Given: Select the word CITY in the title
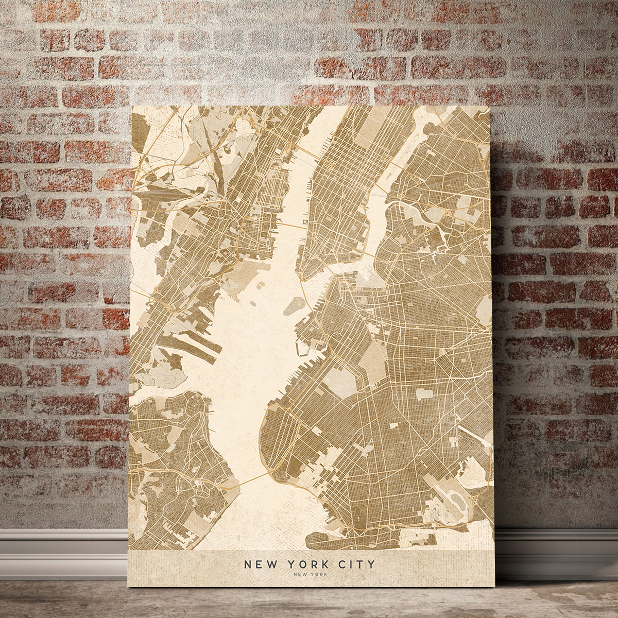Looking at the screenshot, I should click(356, 564).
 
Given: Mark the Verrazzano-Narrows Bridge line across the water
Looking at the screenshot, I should click(252, 479).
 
